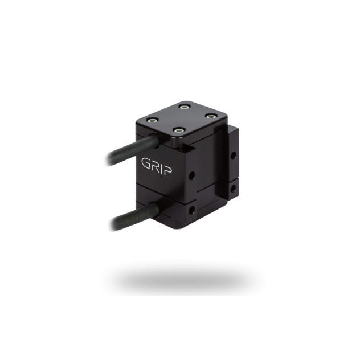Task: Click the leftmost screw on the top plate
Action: pos(152,121)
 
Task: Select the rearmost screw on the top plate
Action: pos(183,106)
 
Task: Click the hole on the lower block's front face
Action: pos(191,210)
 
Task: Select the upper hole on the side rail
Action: pos(232,155)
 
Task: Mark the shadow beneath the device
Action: pos(182,279)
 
